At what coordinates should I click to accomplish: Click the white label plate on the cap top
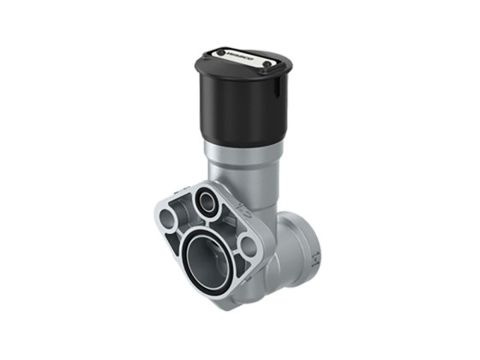243,57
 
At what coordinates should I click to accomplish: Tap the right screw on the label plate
267,63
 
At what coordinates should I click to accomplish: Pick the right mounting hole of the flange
248,246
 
